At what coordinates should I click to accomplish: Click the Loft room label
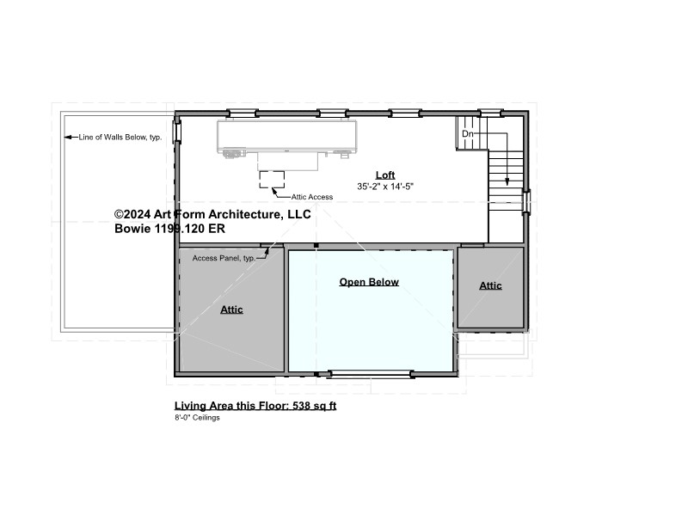click(x=385, y=175)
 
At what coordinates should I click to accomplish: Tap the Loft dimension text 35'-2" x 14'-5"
click(x=385, y=187)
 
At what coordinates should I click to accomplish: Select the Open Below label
click(x=369, y=282)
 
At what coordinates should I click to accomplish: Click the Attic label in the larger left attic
click(x=231, y=310)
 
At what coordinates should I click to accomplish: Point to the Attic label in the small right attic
click(x=490, y=285)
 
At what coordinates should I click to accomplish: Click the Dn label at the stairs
click(x=468, y=134)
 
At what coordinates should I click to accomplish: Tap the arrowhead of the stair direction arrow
click(x=507, y=181)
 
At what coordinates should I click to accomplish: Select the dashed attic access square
click(x=272, y=180)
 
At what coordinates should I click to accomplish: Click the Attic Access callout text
click(x=312, y=197)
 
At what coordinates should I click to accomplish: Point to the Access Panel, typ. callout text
click(x=224, y=258)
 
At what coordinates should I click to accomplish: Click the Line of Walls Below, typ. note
click(x=120, y=138)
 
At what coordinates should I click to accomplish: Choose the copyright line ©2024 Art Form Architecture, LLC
click(x=212, y=214)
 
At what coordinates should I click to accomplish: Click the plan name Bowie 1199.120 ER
click(x=169, y=229)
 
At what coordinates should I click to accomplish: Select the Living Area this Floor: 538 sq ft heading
click(x=255, y=406)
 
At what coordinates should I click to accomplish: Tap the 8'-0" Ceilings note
click(x=197, y=418)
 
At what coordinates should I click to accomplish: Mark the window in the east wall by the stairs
click(x=526, y=202)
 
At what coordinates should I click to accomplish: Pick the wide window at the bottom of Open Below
click(x=371, y=374)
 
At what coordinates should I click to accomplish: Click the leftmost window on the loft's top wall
click(x=243, y=113)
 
